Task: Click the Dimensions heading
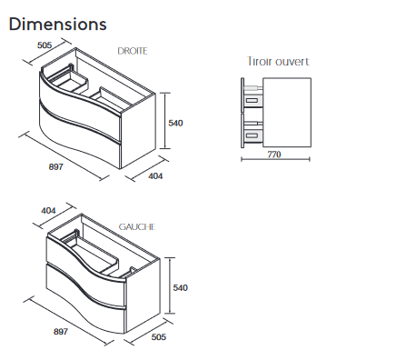pos(57,25)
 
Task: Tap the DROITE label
pos(133,51)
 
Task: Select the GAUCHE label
pos(137,227)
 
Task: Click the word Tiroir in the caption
pos(260,62)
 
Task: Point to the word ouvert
pos(292,62)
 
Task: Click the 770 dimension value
pos(274,155)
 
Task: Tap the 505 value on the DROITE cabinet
pos(45,45)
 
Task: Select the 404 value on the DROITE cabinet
pos(155,176)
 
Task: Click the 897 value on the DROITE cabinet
pos(56,166)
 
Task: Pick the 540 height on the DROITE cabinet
pos(175,123)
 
